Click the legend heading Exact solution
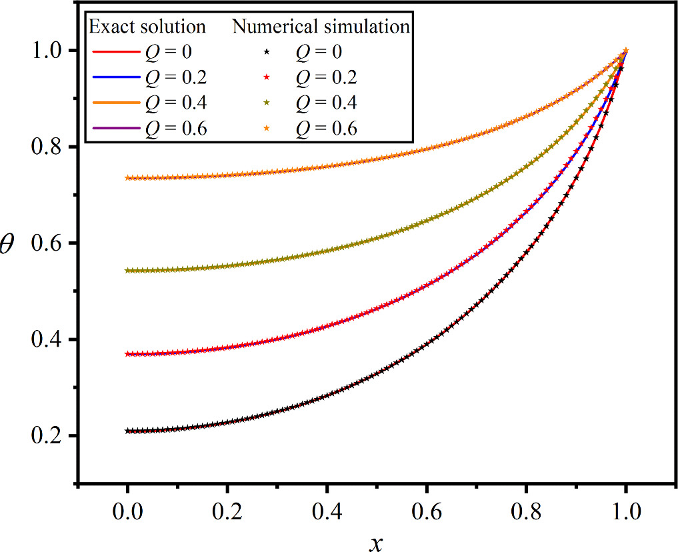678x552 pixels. tap(147, 27)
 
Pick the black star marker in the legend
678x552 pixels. tap(266, 53)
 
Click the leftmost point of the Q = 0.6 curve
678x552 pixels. tap(127, 178)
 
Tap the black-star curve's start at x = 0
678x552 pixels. tap(127, 431)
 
